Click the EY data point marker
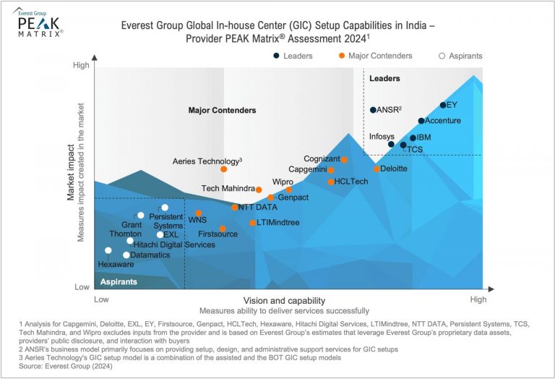pos(443,106)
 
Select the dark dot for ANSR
pos(373,110)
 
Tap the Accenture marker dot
pos(421,121)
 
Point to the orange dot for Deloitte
pos(377,169)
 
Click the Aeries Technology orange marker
pos(223,169)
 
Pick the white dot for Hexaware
pos(108,251)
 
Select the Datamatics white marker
pos(126,255)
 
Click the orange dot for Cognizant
pos(344,160)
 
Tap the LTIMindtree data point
pos(252,223)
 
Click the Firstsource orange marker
pos(223,229)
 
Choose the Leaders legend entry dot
pos(276,56)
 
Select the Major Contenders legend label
pos(380,56)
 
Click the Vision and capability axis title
pos(284,300)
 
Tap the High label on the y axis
pos(82,66)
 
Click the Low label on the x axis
pos(101,299)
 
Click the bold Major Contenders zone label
pos(222,111)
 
